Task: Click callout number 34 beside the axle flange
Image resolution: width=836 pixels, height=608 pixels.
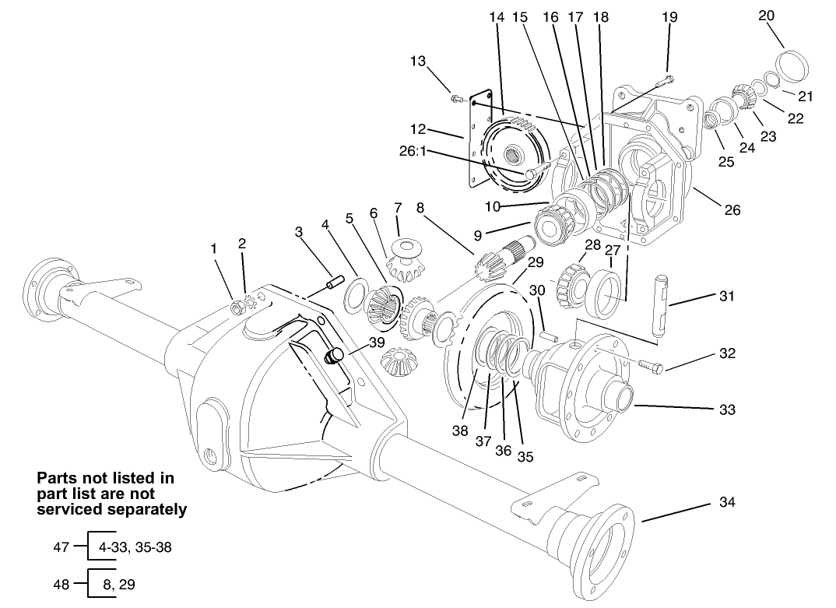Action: pos(726,503)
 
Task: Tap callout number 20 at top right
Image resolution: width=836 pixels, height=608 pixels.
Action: pos(766,16)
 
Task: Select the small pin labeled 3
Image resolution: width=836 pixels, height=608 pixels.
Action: pos(335,279)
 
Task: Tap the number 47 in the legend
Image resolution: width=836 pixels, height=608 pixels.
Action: pos(61,547)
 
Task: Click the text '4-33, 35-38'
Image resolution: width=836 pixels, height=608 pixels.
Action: pos(135,547)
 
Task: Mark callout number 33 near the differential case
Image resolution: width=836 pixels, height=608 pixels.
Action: pos(726,409)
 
